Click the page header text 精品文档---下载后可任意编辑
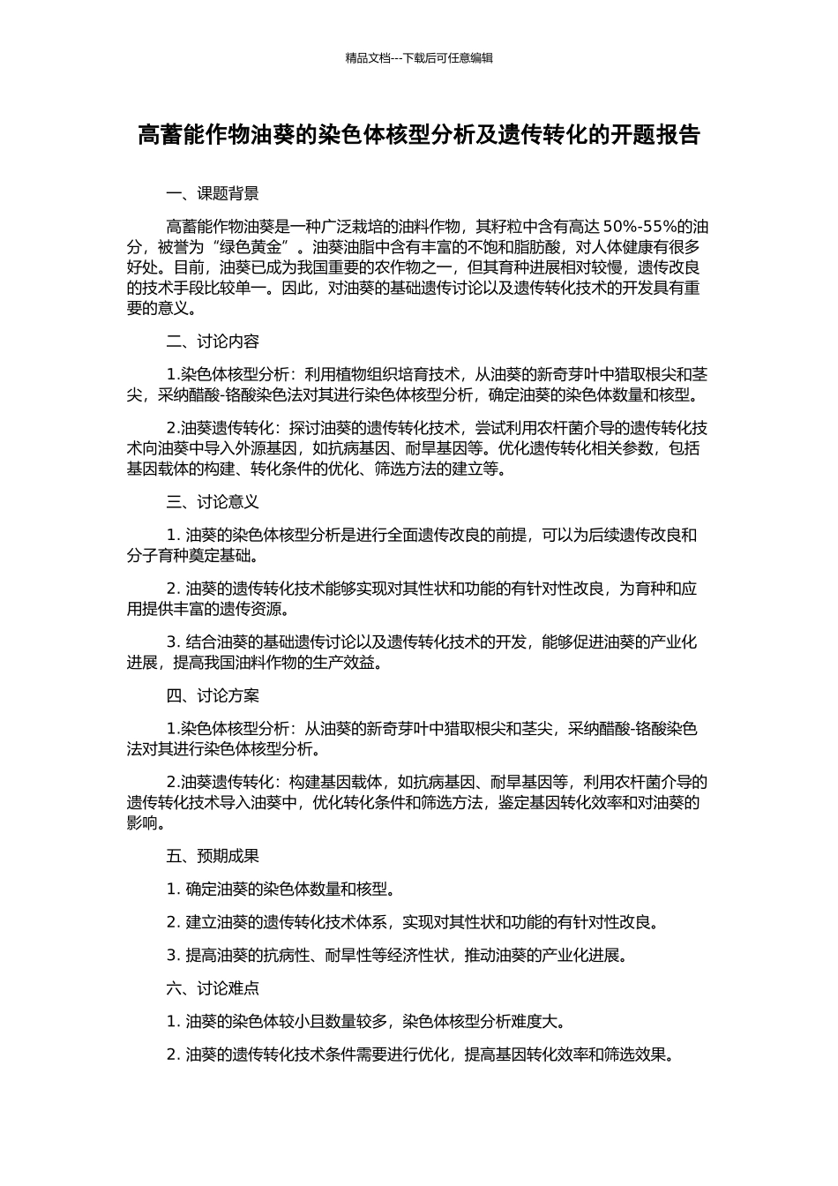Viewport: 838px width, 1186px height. pos(419,58)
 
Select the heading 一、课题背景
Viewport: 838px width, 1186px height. pos(213,194)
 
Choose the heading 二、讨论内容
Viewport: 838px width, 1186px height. pos(213,342)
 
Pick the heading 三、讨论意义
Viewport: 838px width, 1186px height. pos(213,502)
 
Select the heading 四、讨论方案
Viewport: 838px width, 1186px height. pos(213,696)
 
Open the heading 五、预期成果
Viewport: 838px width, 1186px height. pos(213,856)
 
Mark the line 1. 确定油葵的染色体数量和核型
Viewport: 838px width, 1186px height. pos(279,889)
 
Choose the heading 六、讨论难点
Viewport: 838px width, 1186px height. pos(213,988)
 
